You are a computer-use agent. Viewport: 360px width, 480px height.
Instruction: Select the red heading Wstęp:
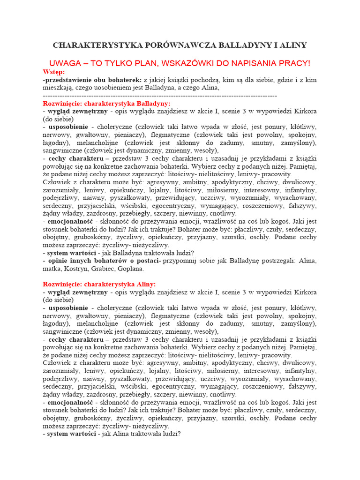click(54, 72)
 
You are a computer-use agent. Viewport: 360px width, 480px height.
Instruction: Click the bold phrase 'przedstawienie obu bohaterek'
click(93, 80)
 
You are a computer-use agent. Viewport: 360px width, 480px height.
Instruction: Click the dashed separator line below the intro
click(159, 96)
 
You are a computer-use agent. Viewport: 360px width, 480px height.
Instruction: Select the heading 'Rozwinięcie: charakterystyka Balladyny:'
click(107, 103)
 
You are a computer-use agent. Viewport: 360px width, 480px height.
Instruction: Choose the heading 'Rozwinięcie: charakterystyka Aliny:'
click(99, 285)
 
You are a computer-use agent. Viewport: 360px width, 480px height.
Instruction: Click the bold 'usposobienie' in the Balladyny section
click(67, 127)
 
